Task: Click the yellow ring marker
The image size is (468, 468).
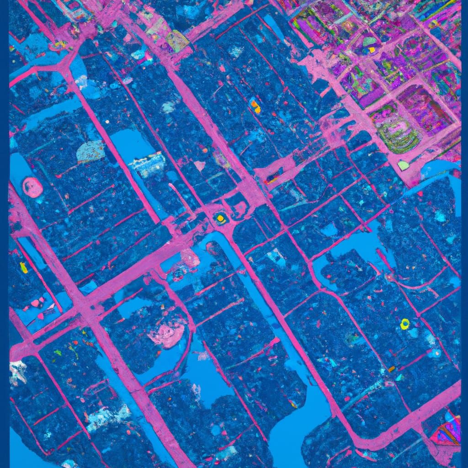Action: coord(404,324)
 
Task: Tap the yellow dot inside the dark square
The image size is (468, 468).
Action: coord(221,218)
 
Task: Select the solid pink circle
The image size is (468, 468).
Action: coord(32,187)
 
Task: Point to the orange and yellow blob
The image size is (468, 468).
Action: coord(255,107)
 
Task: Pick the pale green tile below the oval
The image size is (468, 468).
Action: coord(403,165)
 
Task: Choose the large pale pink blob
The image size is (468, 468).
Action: coord(169,333)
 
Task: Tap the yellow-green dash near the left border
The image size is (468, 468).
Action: coord(23,268)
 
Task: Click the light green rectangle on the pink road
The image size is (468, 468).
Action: coord(177,41)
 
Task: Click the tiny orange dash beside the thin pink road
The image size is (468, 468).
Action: coord(391,368)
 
